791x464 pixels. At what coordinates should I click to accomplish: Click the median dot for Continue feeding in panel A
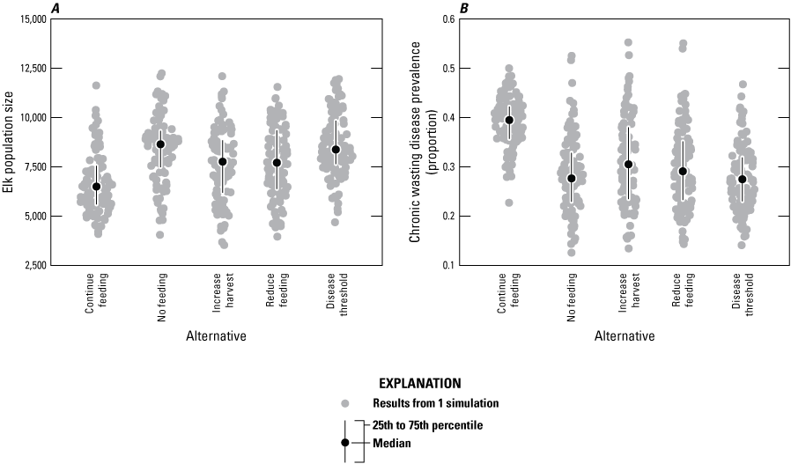[x=97, y=187]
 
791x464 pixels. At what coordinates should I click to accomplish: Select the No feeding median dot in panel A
[x=160, y=144]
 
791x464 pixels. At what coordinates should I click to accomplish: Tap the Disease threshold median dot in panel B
[x=742, y=180]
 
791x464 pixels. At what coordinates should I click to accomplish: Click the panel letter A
[x=55, y=8]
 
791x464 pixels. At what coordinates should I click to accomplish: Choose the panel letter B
[x=464, y=8]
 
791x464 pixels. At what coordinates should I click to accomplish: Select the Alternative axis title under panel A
[x=216, y=336]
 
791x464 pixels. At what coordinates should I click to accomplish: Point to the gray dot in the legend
[x=346, y=403]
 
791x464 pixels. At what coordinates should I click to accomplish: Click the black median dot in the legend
[x=346, y=443]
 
